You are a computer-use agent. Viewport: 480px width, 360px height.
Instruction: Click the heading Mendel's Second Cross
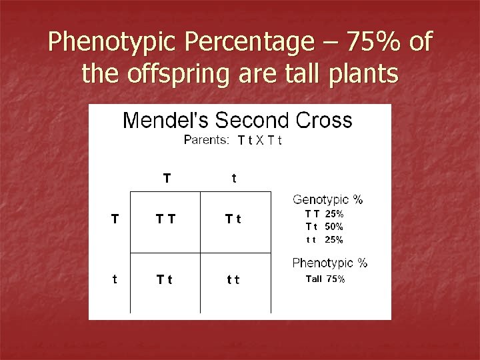[237, 121]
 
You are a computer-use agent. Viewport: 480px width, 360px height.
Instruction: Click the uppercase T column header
[167, 178]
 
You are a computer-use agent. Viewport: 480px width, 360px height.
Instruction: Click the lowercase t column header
[233, 178]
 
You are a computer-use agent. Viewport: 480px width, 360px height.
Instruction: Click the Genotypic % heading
[328, 200]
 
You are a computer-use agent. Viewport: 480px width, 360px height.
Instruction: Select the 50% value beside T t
[335, 227]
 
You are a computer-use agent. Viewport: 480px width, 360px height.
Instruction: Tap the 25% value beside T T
[335, 214]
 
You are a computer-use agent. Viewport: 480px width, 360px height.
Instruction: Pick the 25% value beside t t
[335, 239]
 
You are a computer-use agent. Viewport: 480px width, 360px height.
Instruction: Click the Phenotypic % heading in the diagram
[330, 263]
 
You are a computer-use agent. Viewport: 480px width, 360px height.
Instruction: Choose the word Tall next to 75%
[313, 279]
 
